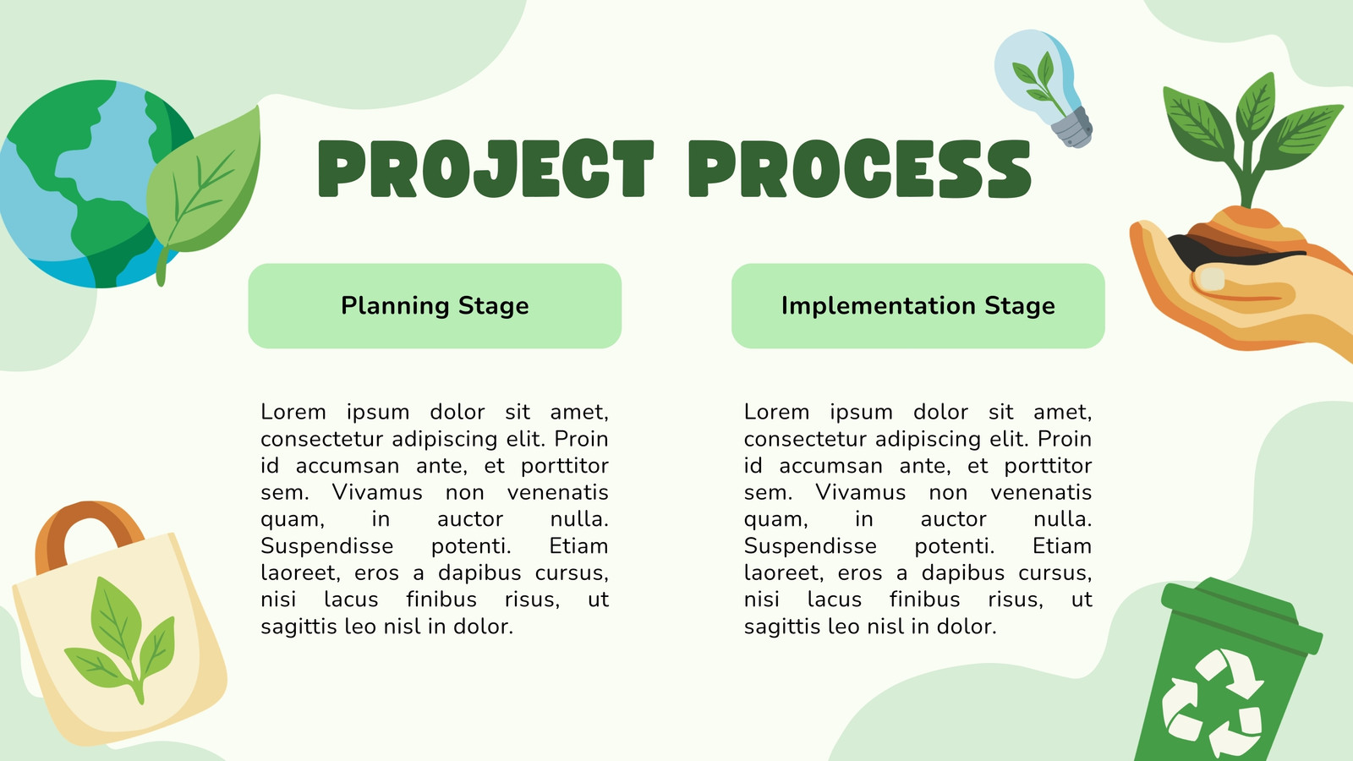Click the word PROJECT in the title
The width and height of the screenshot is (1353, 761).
point(485,168)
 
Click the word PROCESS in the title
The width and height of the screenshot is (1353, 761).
point(859,168)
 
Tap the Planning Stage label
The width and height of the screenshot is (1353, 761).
point(435,305)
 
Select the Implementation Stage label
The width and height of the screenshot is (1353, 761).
point(918,305)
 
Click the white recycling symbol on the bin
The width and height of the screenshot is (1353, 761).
point(1211,704)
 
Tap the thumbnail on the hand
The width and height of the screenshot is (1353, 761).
point(1212,279)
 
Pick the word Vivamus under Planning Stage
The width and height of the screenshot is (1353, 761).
point(377,492)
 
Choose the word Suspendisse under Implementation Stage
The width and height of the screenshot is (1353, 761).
point(810,546)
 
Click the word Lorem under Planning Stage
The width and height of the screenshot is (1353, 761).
point(293,412)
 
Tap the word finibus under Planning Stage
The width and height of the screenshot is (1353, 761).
point(441,599)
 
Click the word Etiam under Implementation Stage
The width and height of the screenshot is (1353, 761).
point(1061,546)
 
